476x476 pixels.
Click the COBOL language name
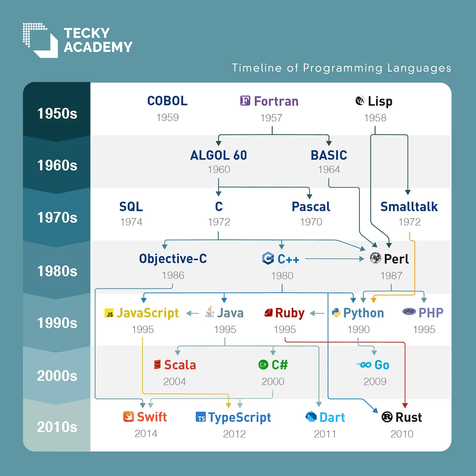point(167,101)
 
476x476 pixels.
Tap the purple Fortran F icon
point(245,101)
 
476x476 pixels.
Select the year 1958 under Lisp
point(375,118)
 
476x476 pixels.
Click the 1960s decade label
point(57,165)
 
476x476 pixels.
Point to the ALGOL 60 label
point(218,155)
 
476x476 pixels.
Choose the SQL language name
point(131,207)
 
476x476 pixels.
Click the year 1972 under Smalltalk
point(409,222)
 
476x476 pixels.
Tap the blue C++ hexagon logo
point(268,259)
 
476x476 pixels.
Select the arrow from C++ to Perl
point(335,259)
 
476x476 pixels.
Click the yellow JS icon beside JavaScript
point(109,313)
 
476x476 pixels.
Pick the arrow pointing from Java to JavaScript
point(192,313)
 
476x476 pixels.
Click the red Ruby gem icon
point(268,313)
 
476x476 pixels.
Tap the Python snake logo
point(336,313)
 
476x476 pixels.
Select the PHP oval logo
point(409,311)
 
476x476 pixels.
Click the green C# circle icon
point(263,365)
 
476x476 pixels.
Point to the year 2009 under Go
point(375,381)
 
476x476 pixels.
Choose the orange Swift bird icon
point(129,417)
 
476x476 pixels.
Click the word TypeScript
point(239,417)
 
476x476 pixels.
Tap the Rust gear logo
point(387,417)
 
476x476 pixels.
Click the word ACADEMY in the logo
point(98,47)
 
